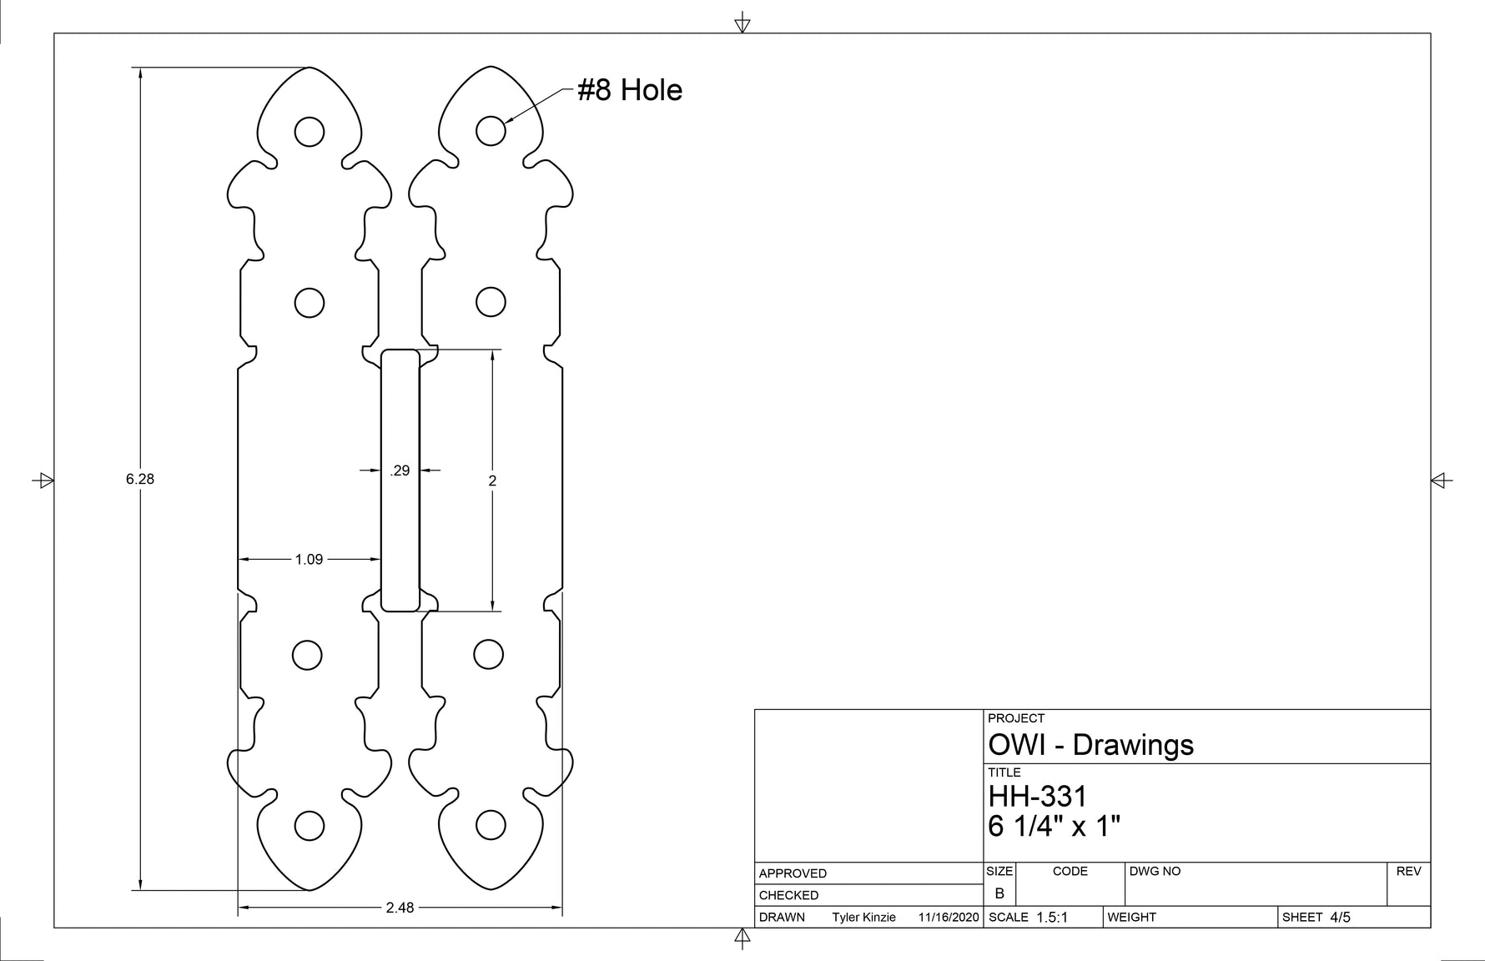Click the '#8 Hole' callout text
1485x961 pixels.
[630, 90]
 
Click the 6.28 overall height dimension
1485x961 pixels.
[140, 479]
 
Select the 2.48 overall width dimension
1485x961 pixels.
[400, 908]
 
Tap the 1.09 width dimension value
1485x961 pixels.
[309, 559]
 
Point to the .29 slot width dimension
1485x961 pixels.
[400, 470]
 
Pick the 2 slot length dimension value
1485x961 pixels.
[492, 480]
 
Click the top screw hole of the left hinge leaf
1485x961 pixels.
[310, 132]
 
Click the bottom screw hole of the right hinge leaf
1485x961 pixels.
[491, 826]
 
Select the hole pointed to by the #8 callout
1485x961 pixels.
[491, 131]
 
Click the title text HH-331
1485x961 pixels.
[1038, 796]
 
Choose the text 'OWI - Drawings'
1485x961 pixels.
[1090, 744]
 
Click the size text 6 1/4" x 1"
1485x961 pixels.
[1054, 827]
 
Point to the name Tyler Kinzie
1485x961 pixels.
[863, 918]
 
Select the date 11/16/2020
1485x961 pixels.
[948, 918]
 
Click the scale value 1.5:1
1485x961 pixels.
[1051, 918]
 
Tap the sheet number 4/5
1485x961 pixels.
[1340, 918]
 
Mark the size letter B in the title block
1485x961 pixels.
[999, 893]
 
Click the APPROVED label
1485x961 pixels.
[793, 873]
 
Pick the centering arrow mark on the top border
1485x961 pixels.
[742, 23]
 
